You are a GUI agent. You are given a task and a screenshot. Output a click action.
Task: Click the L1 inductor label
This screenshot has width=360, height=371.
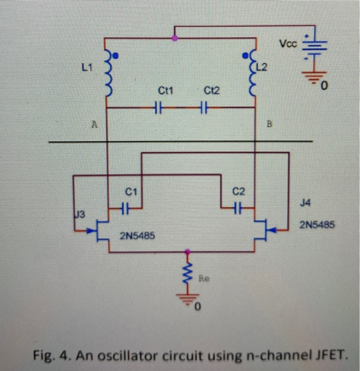click(x=87, y=67)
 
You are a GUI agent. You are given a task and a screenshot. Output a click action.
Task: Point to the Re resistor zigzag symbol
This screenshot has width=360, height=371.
click(x=187, y=273)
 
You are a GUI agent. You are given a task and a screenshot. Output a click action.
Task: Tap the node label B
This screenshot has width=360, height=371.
click(x=269, y=126)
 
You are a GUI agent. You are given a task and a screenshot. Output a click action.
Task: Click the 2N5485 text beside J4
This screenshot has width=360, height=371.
click(x=316, y=225)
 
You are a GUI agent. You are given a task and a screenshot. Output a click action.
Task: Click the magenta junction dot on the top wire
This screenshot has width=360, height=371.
click(x=175, y=38)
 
